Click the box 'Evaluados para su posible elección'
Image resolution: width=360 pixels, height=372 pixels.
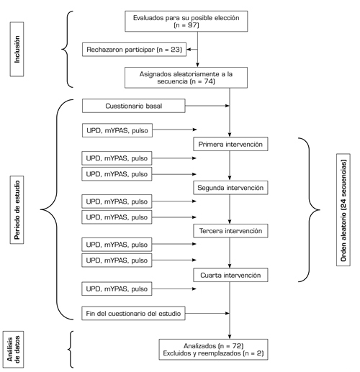tap(186, 21)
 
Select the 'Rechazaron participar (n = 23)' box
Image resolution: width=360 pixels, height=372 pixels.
tap(134, 50)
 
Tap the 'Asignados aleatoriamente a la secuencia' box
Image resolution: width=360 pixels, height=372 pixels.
tap(186, 78)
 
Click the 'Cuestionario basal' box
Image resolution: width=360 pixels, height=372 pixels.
tap(134, 106)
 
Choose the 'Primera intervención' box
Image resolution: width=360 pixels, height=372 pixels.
tap(230, 144)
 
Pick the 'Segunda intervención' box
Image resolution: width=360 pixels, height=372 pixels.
tap(230, 188)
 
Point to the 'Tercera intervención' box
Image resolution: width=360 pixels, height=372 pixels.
tap(230, 231)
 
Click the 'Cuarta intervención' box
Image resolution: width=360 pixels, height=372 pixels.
tap(230, 275)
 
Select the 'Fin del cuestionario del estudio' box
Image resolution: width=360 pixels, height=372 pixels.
tap(133, 313)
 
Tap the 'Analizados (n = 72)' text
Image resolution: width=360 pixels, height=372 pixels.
tap(214, 346)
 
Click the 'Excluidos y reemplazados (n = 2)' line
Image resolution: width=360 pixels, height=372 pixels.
tap(213, 353)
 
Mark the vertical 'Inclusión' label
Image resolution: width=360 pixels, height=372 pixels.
tap(17, 50)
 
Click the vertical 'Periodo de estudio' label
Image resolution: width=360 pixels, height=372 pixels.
tap(17, 210)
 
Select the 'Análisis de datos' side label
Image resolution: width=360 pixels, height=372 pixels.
tap(13, 349)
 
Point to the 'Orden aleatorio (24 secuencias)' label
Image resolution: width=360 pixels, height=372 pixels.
tap(343, 210)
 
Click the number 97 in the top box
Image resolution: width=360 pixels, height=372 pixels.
tap(192, 25)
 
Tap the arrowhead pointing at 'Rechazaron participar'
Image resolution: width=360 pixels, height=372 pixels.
tap(189, 50)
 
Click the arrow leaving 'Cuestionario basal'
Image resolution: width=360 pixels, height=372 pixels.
tap(207, 106)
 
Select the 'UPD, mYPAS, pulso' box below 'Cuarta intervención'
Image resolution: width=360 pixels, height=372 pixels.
tap(117, 289)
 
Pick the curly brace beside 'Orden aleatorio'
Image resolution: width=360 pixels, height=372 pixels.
tap(309, 210)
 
